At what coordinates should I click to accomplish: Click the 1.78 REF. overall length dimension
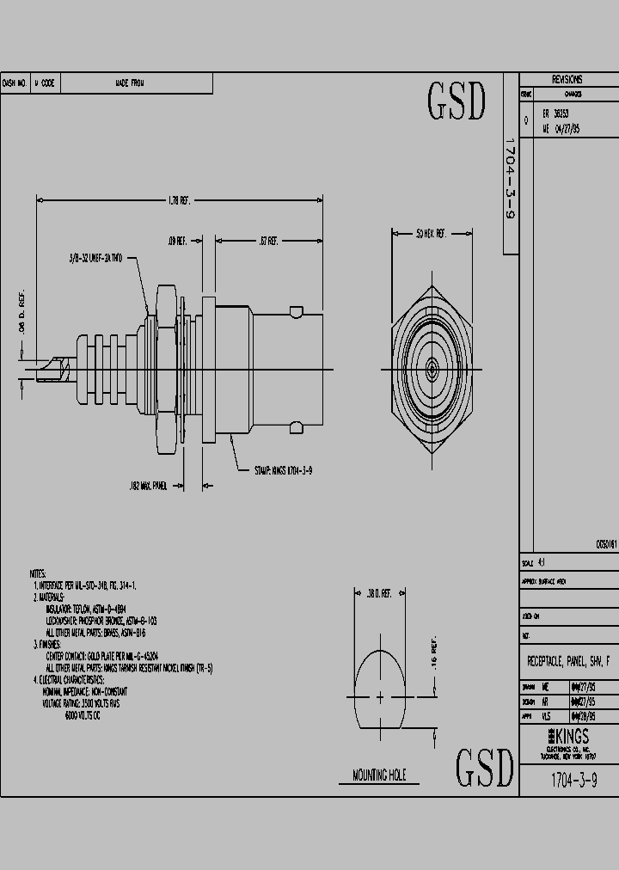pos(178,199)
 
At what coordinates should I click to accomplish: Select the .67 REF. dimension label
pos(268,242)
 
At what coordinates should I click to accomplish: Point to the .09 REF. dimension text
pos(177,242)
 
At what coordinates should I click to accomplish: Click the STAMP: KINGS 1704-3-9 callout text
pos(283,470)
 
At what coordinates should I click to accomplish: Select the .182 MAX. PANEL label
pos(147,486)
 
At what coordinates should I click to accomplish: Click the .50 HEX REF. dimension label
pos(430,233)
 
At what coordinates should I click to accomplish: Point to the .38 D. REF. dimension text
pos(378,593)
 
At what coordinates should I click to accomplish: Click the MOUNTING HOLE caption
pos(379,775)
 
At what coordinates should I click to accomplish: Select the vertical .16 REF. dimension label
pos(435,656)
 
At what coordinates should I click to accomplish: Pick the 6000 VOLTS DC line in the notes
pos(83,716)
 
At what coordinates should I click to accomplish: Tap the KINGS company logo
pos(567,737)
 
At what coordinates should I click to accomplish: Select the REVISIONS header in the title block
pos(567,79)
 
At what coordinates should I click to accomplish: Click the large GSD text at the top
pos(457,102)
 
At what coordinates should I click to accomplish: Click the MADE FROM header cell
pos(130,83)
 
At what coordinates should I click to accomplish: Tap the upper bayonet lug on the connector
pos(296,310)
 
